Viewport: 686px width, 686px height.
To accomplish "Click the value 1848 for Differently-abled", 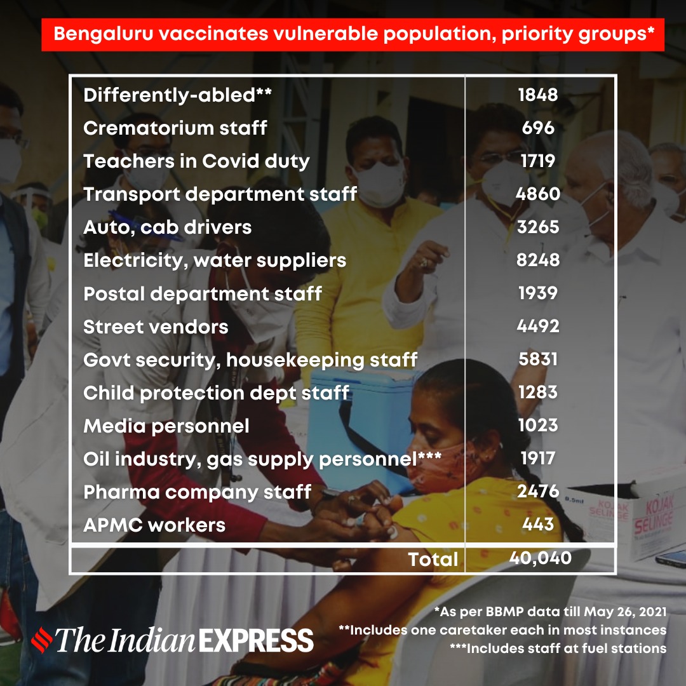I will coord(538,95).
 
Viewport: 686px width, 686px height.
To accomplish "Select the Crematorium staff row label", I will coord(175,128).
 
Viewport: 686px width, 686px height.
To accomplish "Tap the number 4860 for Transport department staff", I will coord(538,194).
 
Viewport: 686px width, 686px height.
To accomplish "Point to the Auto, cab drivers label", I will coord(167,227).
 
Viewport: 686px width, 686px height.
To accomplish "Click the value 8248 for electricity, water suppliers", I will coord(538,260).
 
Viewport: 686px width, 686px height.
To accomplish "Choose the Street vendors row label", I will coord(156,327).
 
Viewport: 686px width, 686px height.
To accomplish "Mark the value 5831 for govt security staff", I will coord(538,360).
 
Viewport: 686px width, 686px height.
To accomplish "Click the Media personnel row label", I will coord(166,426).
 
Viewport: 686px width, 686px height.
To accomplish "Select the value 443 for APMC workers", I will coord(538,525).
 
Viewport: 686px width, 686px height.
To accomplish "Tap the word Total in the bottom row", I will coord(433,559).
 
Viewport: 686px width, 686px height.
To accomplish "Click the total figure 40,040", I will coord(540,558).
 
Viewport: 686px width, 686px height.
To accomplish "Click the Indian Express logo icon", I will coord(42,640).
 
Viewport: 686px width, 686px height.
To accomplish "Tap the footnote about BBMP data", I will coord(550,612).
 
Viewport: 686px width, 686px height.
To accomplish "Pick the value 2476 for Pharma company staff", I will coord(538,492).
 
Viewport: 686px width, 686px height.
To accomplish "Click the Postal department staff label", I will coord(202,294).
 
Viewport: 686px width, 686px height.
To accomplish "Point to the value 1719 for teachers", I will coord(538,161).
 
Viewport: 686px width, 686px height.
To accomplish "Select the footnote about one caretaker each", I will coord(502,630).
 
